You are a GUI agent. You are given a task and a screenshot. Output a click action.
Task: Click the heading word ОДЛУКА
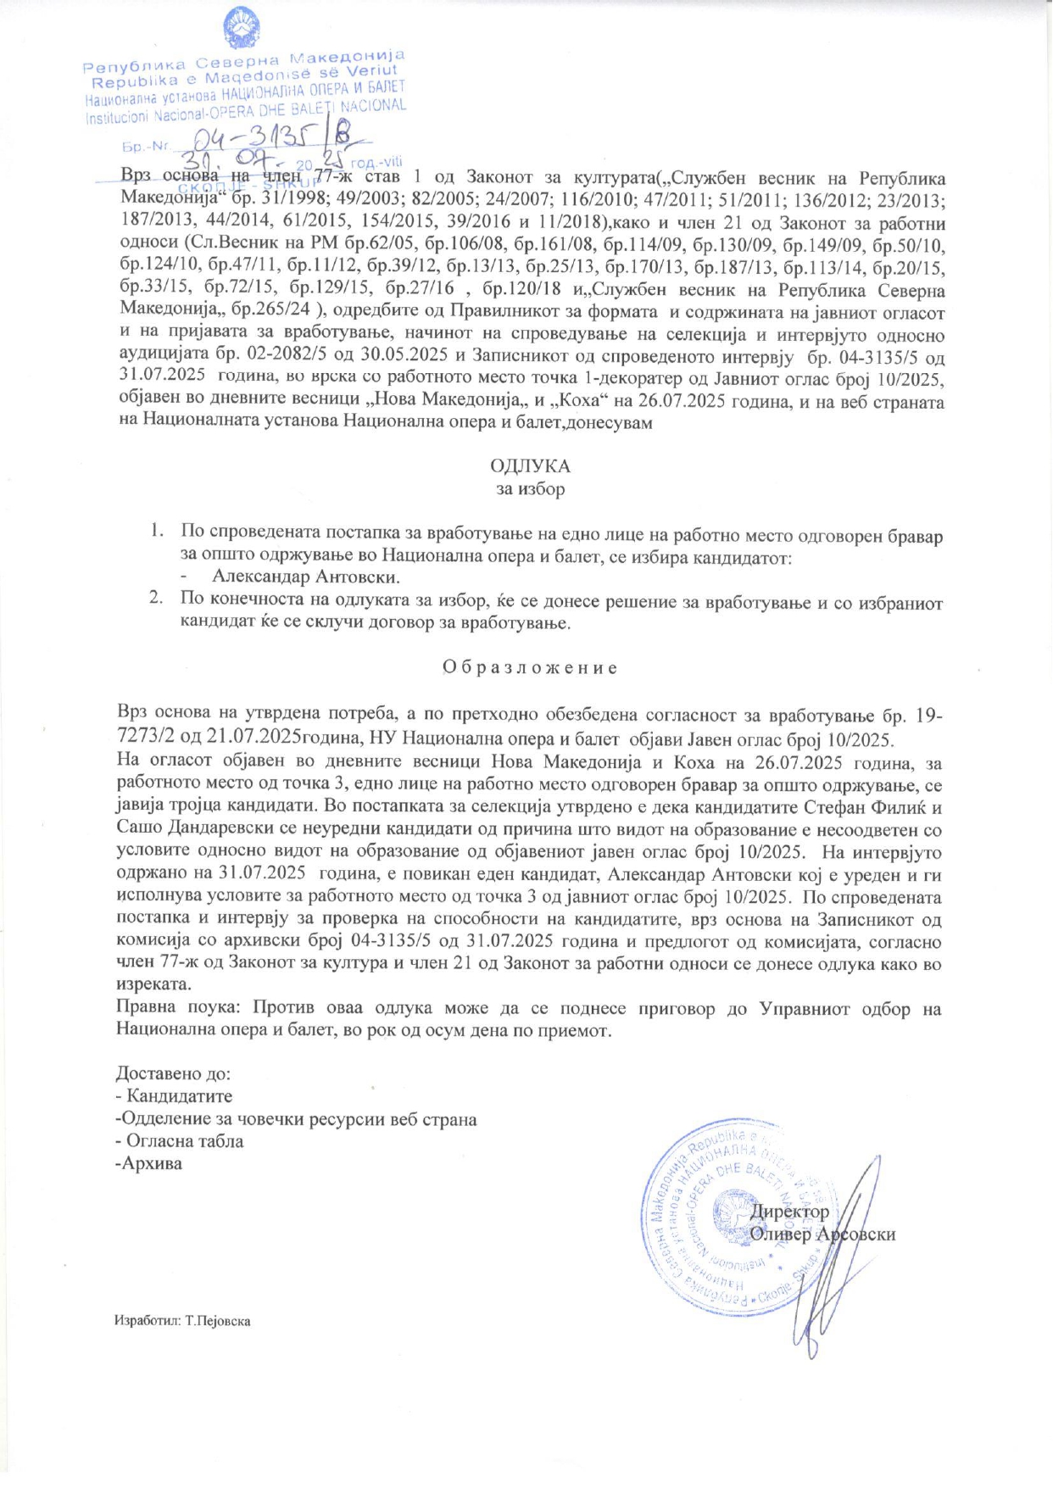tap(530, 466)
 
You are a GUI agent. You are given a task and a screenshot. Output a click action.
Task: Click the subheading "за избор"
tap(530, 489)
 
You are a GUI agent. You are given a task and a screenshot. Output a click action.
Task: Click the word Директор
tap(789, 1212)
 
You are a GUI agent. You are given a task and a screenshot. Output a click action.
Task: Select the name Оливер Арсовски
tap(822, 1234)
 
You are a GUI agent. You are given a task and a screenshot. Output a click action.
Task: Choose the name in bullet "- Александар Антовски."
tap(305, 577)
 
